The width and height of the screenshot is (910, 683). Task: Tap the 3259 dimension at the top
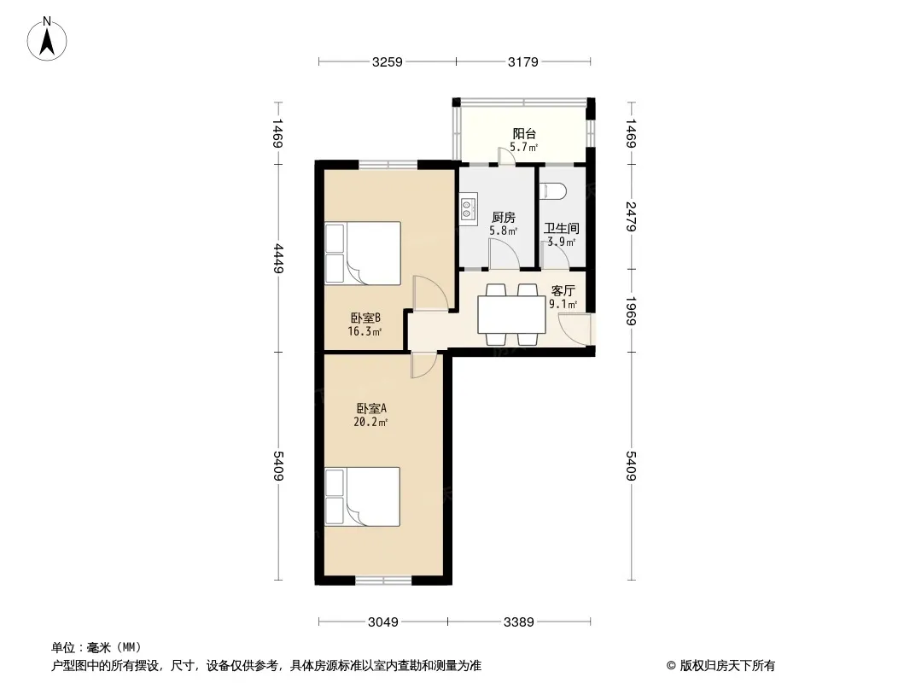click(387, 62)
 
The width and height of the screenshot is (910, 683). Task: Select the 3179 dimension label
click(523, 62)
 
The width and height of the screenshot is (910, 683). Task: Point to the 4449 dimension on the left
click(278, 259)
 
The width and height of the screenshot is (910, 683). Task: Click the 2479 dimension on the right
click(631, 217)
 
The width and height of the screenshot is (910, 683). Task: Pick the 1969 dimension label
click(631, 311)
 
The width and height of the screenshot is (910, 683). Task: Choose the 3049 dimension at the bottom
click(383, 622)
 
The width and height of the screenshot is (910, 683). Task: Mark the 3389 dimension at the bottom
click(519, 622)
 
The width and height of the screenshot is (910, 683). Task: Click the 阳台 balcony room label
click(524, 134)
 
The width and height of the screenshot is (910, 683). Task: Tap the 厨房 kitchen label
click(503, 218)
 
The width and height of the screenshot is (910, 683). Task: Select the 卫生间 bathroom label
click(561, 229)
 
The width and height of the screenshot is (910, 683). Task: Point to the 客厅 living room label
click(563, 291)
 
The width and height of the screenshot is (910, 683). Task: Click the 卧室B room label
click(365, 318)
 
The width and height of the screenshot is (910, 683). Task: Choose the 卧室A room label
click(371, 409)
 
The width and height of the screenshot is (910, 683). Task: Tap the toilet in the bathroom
click(553, 191)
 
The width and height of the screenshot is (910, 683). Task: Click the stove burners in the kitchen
click(468, 209)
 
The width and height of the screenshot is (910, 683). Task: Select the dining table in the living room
click(511, 314)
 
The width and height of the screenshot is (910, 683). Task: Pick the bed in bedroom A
click(362, 497)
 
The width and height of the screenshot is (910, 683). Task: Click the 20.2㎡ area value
click(370, 423)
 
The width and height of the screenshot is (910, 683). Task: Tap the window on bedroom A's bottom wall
click(383, 580)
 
